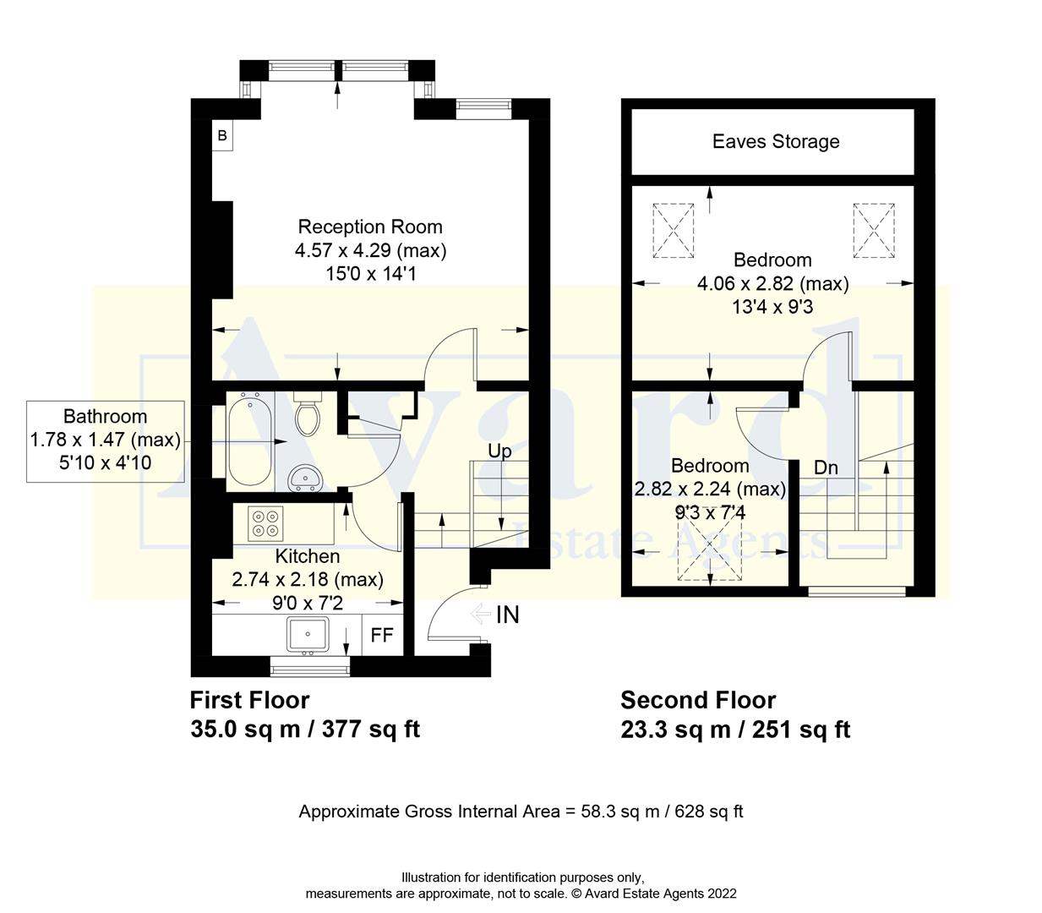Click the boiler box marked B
(x=222, y=135)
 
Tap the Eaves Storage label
(x=775, y=141)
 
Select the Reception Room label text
(x=370, y=227)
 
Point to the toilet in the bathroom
(x=306, y=415)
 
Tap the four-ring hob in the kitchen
(x=265, y=522)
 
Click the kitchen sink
(x=308, y=634)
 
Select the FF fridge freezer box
(x=382, y=635)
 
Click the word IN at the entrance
(x=507, y=615)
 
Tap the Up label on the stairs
(x=499, y=451)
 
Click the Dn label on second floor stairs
(x=826, y=467)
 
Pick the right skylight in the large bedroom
(x=873, y=229)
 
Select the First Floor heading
(x=249, y=700)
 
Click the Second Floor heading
(x=698, y=700)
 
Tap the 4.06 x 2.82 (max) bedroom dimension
(x=772, y=283)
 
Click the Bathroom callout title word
(x=105, y=416)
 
